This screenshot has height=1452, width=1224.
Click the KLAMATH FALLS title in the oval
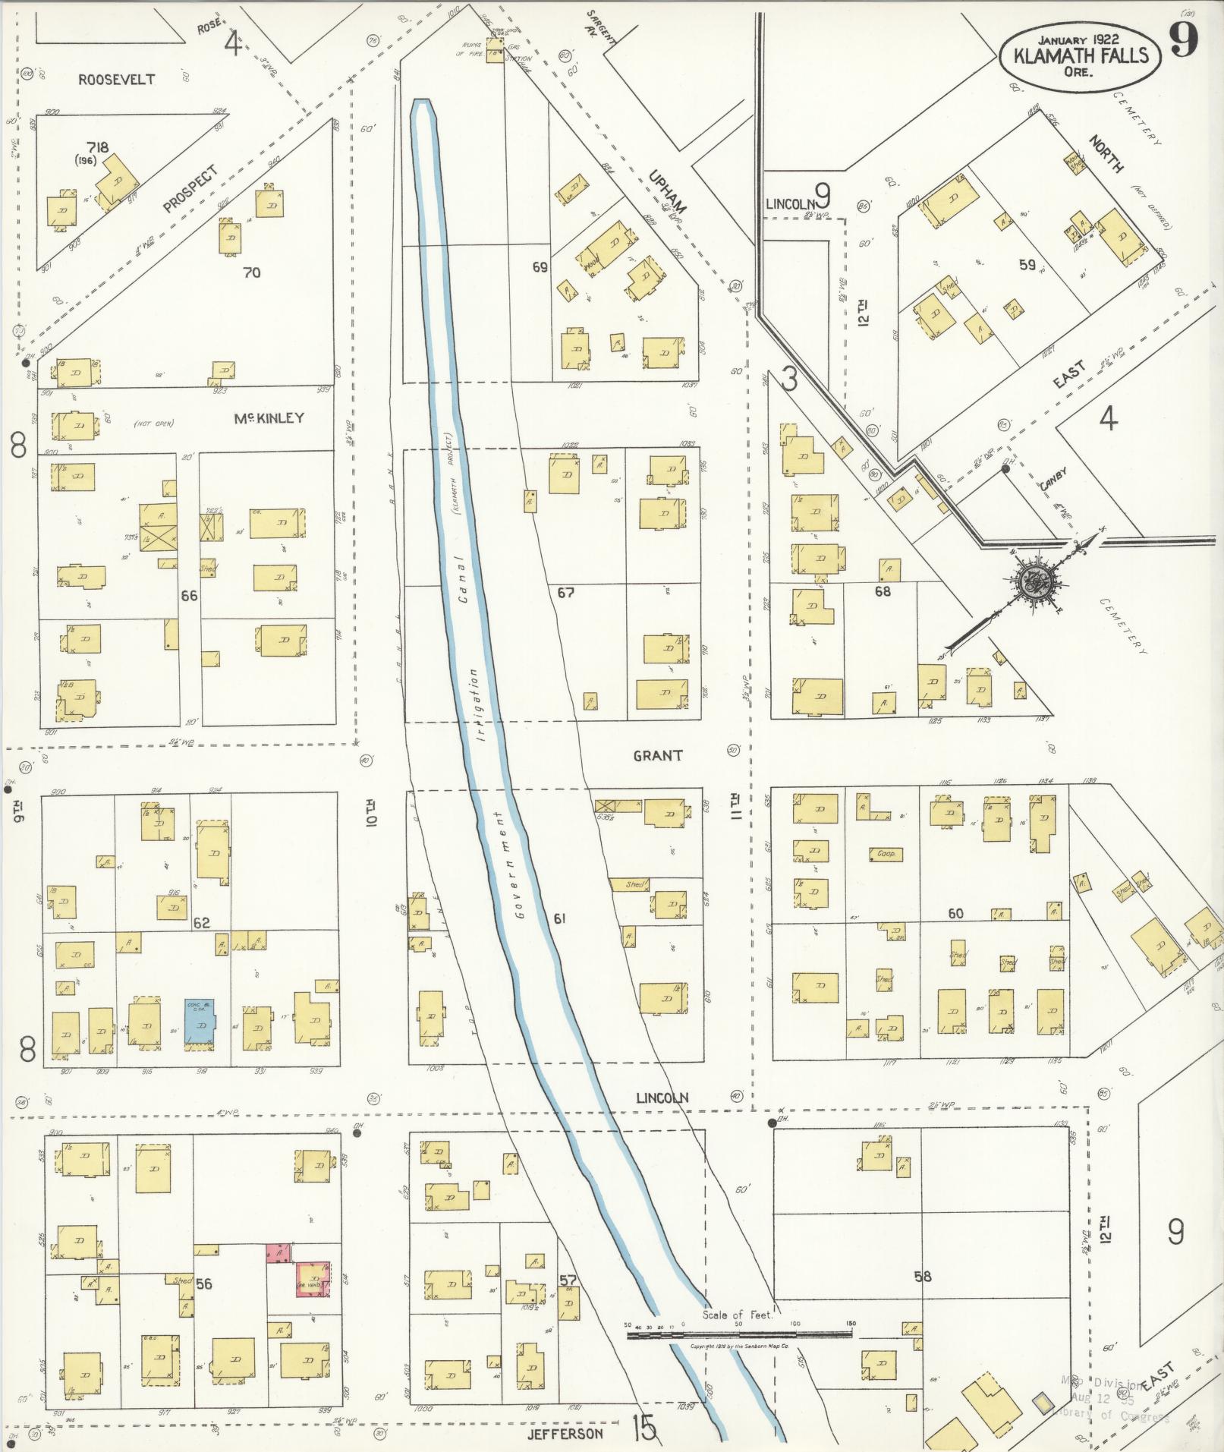(x=1080, y=55)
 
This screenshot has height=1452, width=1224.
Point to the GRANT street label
(x=658, y=755)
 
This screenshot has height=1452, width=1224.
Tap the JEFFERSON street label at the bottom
(x=567, y=1433)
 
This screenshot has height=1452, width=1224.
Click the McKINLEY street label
(x=269, y=417)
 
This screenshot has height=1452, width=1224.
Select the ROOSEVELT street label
(x=116, y=79)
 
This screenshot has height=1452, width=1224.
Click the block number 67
(x=565, y=592)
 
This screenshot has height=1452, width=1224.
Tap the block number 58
(x=922, y=1277)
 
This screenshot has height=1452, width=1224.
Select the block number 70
(x=251, y=272)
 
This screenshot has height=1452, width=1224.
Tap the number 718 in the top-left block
(x=98, y=147)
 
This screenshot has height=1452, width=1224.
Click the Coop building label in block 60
(x=886, y=854)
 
